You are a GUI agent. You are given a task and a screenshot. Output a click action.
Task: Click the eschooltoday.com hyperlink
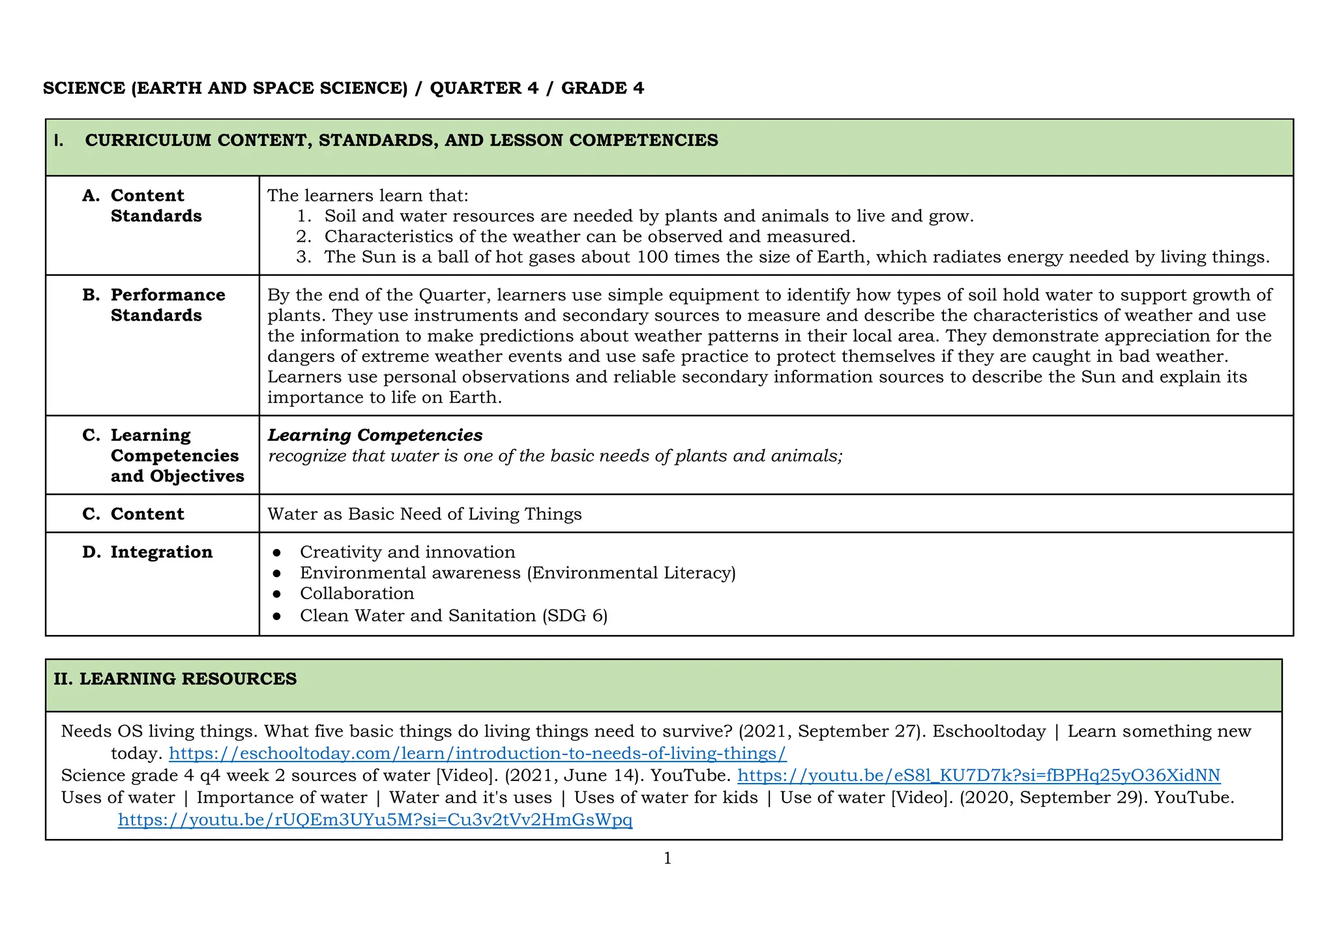point(477,754)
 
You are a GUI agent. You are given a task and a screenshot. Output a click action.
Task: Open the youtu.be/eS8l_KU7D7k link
point(978,776)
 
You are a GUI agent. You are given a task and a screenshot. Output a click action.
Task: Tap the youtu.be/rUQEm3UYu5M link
point(375,820)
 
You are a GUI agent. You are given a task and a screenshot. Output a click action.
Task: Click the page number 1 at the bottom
point(667,859)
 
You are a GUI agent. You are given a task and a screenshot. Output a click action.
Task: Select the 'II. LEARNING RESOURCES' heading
point(175,679)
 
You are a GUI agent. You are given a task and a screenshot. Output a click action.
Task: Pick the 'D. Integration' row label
point(161,552)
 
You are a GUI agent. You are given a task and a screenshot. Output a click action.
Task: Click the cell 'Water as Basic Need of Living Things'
point(424,514)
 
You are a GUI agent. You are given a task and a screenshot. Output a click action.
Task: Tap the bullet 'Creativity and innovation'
point(407,552)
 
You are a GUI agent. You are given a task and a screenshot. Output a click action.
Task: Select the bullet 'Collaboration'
point(357,593)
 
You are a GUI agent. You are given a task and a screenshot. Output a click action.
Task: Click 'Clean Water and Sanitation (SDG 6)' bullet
point(454,616)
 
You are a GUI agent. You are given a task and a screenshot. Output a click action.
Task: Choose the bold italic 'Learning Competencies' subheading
point(375,435)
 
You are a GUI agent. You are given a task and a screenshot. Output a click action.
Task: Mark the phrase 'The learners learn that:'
point(368,196)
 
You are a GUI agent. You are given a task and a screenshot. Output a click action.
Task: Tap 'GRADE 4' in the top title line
point(602,89)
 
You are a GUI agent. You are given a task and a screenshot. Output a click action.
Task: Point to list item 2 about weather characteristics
point(589,237)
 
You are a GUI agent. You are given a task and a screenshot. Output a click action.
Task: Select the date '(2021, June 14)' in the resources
point(574,776)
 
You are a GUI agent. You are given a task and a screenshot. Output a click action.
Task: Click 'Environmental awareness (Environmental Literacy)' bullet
point(517,573)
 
